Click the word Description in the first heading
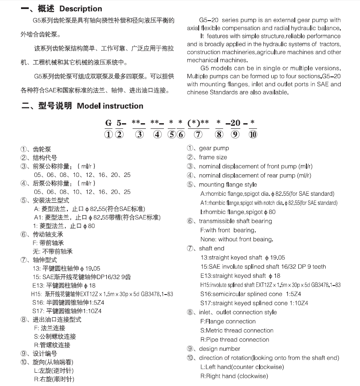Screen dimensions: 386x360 (x=81, y=9)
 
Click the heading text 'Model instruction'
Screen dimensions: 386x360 (x=110, y=106)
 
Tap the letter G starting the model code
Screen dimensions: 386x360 (x=108, y=123)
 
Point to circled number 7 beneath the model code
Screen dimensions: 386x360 (x=198, y=135)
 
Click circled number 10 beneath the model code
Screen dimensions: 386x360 (x=253, y=135)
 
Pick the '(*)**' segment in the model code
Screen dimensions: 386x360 (x=198, y=123)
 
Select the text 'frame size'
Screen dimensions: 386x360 (x=213, y=157)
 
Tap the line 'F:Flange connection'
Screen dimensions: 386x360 (x=228, y=321)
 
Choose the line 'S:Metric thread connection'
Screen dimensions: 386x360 (x=236, y=330)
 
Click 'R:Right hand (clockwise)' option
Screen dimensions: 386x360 (x=234, y=376)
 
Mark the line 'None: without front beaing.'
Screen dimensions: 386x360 (x=236, y=239)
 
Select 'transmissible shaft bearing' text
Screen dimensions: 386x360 (x=235, y=221)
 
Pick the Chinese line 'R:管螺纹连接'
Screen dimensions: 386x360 (x=52, y=345)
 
